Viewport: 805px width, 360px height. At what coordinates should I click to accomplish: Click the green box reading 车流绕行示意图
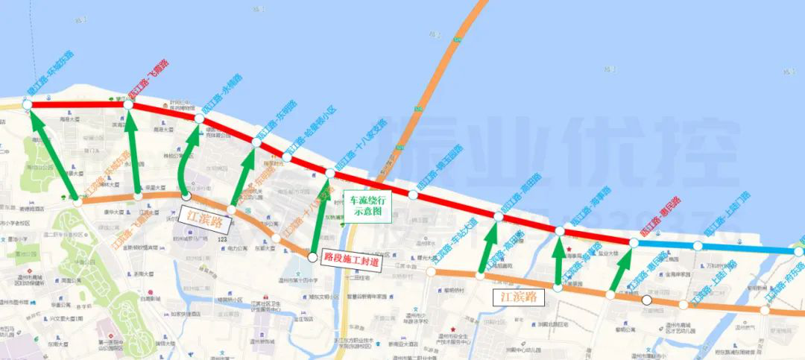point(367,205)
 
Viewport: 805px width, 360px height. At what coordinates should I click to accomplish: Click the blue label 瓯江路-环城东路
point(49,75)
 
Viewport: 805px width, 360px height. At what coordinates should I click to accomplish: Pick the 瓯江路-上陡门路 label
point(726,216)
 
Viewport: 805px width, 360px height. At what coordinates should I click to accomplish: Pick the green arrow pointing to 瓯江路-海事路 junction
point(559,262)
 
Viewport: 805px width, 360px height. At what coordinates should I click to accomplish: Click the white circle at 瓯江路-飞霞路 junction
point(128,106)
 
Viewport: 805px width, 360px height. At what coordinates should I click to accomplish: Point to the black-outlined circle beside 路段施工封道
point(312,257)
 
